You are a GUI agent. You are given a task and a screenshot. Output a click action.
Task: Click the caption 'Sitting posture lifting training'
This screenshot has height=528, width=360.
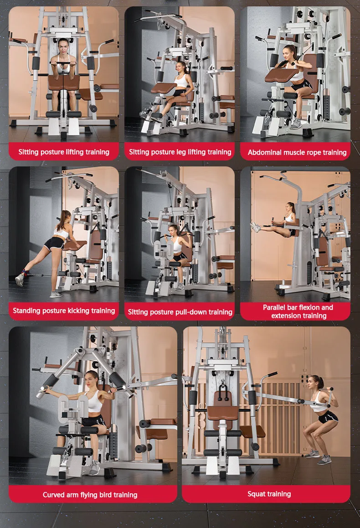pos(64,152)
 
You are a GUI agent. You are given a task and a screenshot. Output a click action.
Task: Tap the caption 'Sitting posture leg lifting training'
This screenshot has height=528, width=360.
pos(180,152)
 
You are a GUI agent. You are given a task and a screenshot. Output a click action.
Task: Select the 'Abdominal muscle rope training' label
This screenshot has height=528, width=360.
pos(297,152)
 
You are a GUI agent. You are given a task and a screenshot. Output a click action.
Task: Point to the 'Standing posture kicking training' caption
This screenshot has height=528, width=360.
pos(64,311)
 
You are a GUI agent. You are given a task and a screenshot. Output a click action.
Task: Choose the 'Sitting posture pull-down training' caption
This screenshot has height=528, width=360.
pos(180,312)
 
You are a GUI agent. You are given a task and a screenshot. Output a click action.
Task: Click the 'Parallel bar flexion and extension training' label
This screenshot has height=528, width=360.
pos(298,311)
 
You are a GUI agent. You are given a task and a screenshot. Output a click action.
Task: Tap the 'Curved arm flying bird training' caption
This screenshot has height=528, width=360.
pos(90,495)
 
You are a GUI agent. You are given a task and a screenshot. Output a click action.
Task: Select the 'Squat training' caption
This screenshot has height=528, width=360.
pos(269,494)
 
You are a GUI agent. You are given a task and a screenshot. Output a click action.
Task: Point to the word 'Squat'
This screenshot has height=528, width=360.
pos(257,494)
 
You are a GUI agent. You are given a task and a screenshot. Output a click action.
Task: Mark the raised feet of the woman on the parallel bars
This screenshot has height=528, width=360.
pos(255,226)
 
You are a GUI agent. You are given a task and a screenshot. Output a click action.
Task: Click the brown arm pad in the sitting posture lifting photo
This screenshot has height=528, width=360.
pos(64,83)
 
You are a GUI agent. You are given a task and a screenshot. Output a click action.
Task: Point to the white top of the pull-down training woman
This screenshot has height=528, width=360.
pos(177,245)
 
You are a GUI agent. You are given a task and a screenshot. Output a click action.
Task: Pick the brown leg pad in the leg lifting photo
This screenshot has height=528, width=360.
pos(164,88)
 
